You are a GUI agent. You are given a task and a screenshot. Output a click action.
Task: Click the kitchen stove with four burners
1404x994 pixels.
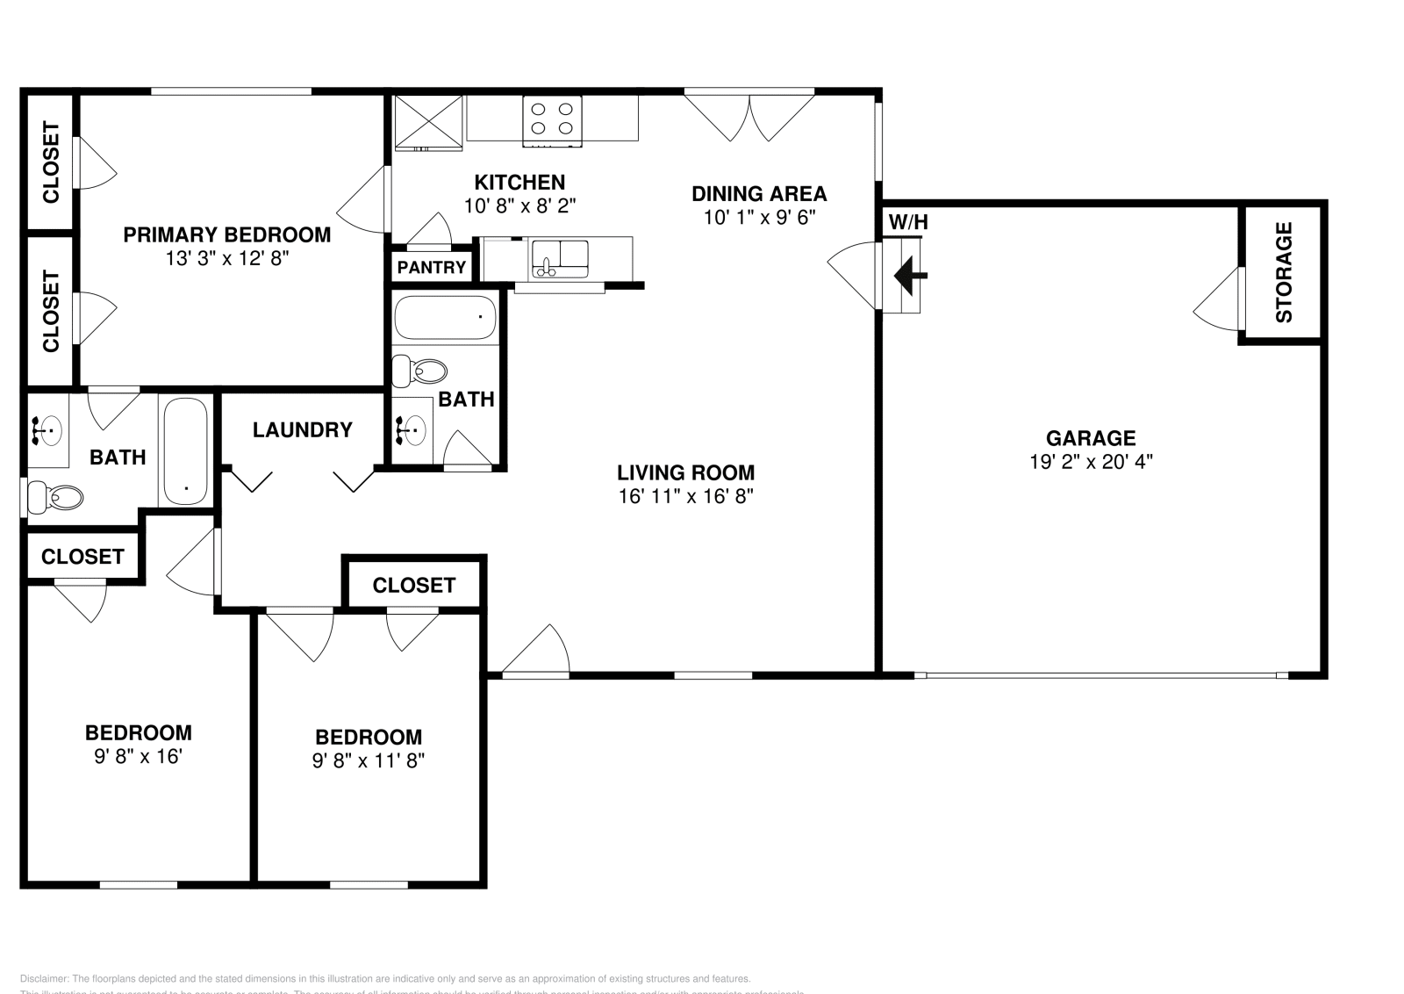(x=553, y=120)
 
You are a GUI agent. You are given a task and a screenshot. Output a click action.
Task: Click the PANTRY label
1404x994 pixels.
(x=431, y=267)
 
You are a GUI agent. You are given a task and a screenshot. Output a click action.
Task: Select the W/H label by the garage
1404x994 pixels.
(x=908, y=222)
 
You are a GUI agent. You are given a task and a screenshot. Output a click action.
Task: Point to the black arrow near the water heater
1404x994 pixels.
(x=910, y=276)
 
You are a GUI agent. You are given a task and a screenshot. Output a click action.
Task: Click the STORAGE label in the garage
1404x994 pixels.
(x=1283, y=272)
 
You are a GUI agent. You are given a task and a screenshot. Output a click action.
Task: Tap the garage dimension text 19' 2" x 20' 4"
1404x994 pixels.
(x=1091, y=461)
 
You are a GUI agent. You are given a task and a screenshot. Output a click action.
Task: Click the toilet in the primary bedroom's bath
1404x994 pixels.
(x=55, y=498)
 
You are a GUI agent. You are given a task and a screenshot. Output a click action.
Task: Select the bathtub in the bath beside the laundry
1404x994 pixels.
(x=186, y=451)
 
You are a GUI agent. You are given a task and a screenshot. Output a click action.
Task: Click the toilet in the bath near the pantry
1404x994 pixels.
(x=419, y=371)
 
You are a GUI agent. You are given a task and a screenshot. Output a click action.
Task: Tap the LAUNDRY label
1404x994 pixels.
(x=302, y=429)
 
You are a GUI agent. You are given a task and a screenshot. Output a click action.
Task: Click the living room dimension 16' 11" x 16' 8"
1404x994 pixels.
(x=685, y=496)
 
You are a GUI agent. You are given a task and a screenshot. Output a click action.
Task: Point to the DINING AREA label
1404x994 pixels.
(x=759, y=193)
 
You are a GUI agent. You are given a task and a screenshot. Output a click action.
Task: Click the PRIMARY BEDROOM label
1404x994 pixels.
(x=226, y=234)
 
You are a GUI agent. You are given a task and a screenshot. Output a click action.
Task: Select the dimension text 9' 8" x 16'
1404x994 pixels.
(x=138, y=756)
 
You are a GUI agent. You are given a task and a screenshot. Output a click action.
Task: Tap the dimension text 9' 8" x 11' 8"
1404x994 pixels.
(x=369, y=760)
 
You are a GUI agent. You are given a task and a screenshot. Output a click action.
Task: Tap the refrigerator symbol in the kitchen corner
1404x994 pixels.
(x=427, y=123)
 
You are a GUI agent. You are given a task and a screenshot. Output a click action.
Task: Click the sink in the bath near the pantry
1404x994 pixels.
(x=412, y=429)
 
